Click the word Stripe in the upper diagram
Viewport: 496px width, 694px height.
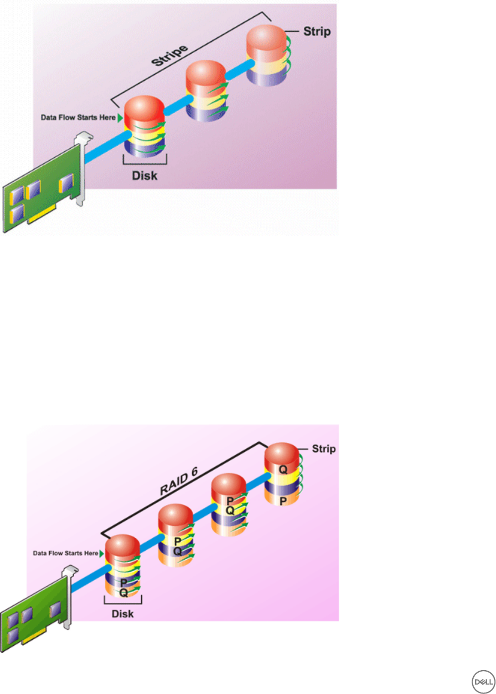click(x=170, y=55)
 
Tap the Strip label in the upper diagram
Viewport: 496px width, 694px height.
click(x=317, y=31)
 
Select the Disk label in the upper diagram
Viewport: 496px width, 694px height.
click(x=144, y=176)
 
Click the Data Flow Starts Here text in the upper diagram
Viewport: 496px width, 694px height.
click(x=78, y=117)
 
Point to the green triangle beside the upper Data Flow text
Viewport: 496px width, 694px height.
click(x=120, y=117)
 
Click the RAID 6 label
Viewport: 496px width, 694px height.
click(x=179, y=482)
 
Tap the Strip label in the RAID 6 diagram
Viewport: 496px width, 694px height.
click(x=323, y=449)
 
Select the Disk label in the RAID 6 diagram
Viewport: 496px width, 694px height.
click(x=122, y=614)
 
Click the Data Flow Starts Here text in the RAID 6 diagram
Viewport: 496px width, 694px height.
click(x=65, y=553)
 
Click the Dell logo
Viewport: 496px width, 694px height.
click(x=483, y=682)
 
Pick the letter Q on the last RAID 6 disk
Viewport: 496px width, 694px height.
click(x=283, y=469)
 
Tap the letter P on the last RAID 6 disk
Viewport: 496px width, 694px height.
click(x=283, y=501)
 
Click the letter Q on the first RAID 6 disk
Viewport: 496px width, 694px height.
click(x=123, y=593)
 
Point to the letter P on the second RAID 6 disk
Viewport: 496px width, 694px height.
click(x=177, y=541)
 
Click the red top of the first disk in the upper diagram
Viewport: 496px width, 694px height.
click(x=144, y=107)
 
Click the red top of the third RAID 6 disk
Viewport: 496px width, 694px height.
click(x=229, y=483)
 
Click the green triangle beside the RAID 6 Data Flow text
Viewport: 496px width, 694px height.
click(x=101, y=553)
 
